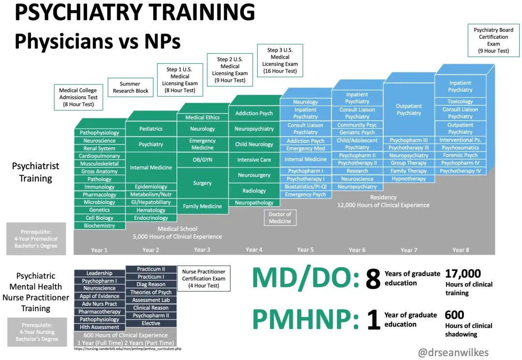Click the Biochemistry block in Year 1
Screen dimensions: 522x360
point(100,226)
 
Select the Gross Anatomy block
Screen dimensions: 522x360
point(100,172)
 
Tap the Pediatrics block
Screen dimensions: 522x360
point(151,129)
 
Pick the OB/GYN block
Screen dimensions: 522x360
point(203,159)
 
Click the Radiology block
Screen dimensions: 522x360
point(254,191)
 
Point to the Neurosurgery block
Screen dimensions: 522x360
point(254,175)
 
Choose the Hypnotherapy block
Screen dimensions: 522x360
point(409,179)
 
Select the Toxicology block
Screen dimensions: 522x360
point(460,101)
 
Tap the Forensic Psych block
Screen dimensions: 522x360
point(460,155)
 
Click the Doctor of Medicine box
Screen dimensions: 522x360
point(280,217)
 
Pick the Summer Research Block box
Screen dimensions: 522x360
point(130,87)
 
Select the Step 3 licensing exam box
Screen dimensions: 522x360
point(280,60)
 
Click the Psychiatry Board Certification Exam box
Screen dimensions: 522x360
point(493,40)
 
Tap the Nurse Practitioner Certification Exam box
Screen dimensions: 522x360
point(204,278)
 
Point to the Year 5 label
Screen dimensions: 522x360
point(305,249)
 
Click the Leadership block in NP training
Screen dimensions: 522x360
point(100,273)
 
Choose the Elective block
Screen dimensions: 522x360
point(151,323)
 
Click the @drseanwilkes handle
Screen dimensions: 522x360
point(453,352)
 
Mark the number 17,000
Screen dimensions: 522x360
point(463,274)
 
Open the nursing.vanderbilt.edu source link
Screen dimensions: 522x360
point(128,349)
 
